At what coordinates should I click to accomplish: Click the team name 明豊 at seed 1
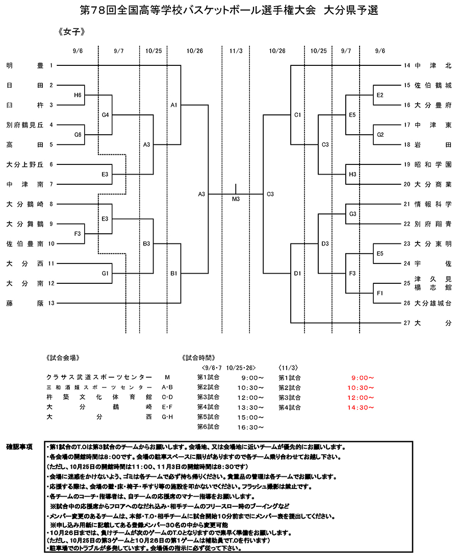(25, 65)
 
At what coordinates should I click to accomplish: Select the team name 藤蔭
(25, 303)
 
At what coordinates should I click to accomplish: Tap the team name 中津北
(433, 65)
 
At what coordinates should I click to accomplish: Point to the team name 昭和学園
(433, 164)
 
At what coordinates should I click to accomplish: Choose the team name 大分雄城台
(433, 303)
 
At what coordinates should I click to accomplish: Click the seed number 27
(406, 323)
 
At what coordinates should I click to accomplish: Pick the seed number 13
(51, 303)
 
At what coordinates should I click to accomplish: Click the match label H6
(78, 95)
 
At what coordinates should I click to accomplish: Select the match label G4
(106, 115)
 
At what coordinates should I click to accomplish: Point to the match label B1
(174, 274)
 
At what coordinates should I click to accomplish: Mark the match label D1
(297, 274)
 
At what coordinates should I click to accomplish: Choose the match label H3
(352, 175)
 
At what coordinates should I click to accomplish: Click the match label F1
(380, 293)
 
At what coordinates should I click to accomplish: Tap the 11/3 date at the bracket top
(236, 51)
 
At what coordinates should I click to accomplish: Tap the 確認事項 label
(20, 447)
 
